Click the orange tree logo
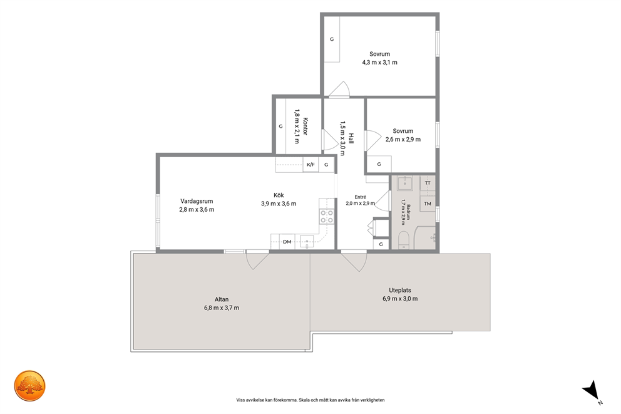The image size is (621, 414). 29,386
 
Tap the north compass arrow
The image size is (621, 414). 591,390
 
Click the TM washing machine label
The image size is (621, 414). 428,204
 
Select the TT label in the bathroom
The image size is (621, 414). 428,183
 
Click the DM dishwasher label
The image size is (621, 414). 287,242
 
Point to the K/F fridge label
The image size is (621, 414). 311,165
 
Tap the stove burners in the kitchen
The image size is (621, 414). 327,217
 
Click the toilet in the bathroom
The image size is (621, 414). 403,241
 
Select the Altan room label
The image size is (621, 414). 222,299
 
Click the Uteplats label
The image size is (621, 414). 400,290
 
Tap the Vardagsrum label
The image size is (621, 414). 197,201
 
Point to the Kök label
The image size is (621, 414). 279,195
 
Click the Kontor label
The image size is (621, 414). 305,127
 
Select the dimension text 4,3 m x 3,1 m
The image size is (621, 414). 379,62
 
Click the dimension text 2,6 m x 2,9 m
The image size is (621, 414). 403,140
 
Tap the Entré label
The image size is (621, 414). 361,197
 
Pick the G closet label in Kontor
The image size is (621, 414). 281,127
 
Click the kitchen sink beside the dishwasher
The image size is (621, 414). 307,241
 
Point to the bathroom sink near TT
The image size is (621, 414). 404,183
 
